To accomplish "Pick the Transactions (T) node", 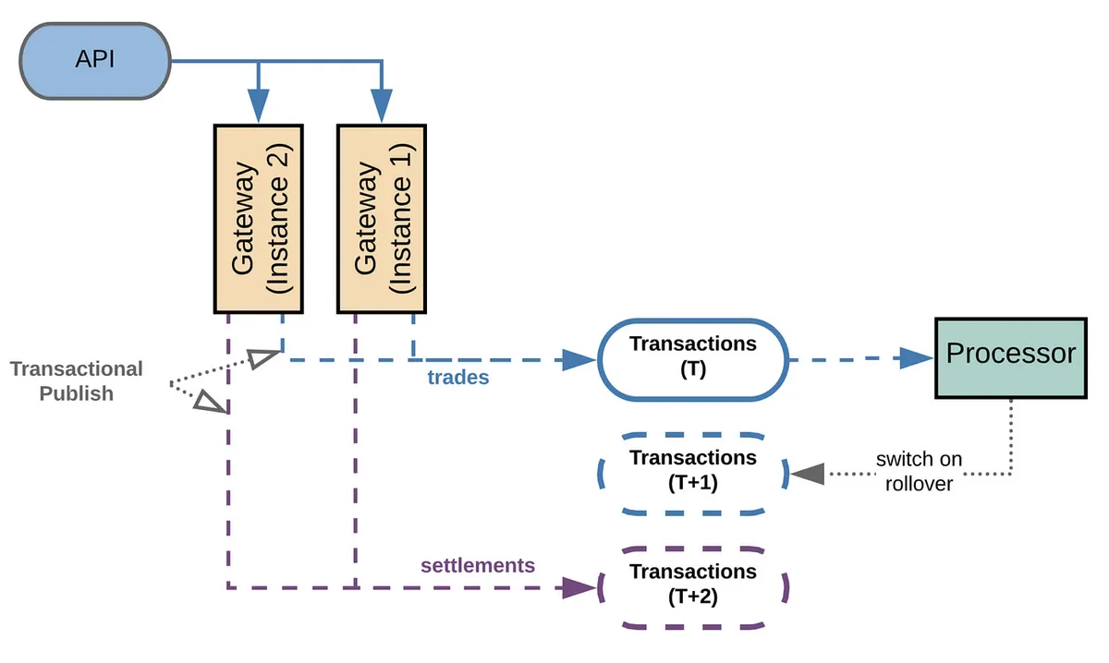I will pyautogui.click(x=692, y=359).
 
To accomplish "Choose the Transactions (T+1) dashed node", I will pyautogui.click(x=692, y=472).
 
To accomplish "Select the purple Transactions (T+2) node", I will pyautogui.click(x=692, y=586).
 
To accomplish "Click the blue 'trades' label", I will pyautogui.click(x=458, y=377).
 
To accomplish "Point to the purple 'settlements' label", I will pyautogui.click(x=478, y=564).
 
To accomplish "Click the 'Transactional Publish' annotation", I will pyautogui.click(x=76, y=381).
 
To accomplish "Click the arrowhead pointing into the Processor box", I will pyautogui.click(x=915, y=359).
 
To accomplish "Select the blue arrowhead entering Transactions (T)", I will pyautogui.click(x=579, y=359).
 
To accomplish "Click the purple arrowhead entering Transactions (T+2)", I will pyautogui.click(x=579, y=586).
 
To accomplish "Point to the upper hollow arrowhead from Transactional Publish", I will pyautogui.click(x=264, y=359).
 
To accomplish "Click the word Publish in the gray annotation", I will pyautogui.click(x=76, y=393).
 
